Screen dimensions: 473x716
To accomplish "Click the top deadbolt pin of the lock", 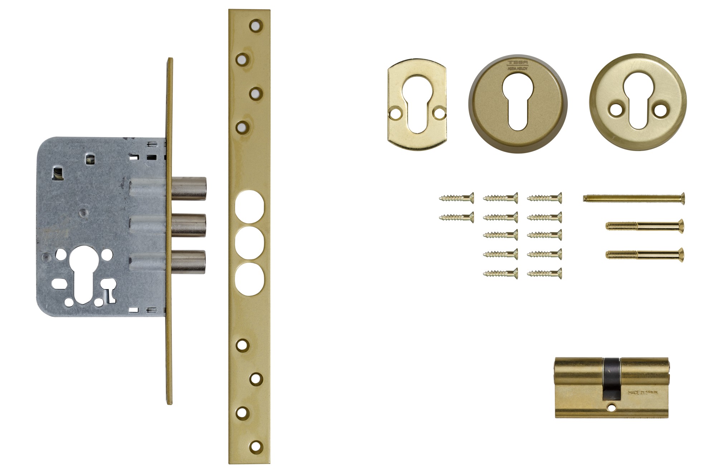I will tap(189, 188).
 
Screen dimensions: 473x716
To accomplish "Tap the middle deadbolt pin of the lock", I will tap(189, 225).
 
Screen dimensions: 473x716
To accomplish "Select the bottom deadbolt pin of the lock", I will tap(189, 262).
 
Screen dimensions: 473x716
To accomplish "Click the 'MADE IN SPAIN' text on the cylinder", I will tap(643, 392).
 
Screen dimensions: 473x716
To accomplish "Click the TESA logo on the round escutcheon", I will tap(517, 63).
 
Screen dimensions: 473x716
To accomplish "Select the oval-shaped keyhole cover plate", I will tap(417, 104).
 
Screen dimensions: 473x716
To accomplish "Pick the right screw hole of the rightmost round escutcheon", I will tap(659, 110).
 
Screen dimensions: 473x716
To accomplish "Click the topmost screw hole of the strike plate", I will tap(255, 25).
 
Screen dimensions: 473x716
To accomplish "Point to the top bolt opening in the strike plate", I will tap(250, 207).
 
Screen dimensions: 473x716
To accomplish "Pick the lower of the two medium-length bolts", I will tap(644, 254).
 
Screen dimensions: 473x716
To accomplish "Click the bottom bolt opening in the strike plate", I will tap(250, 279).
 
